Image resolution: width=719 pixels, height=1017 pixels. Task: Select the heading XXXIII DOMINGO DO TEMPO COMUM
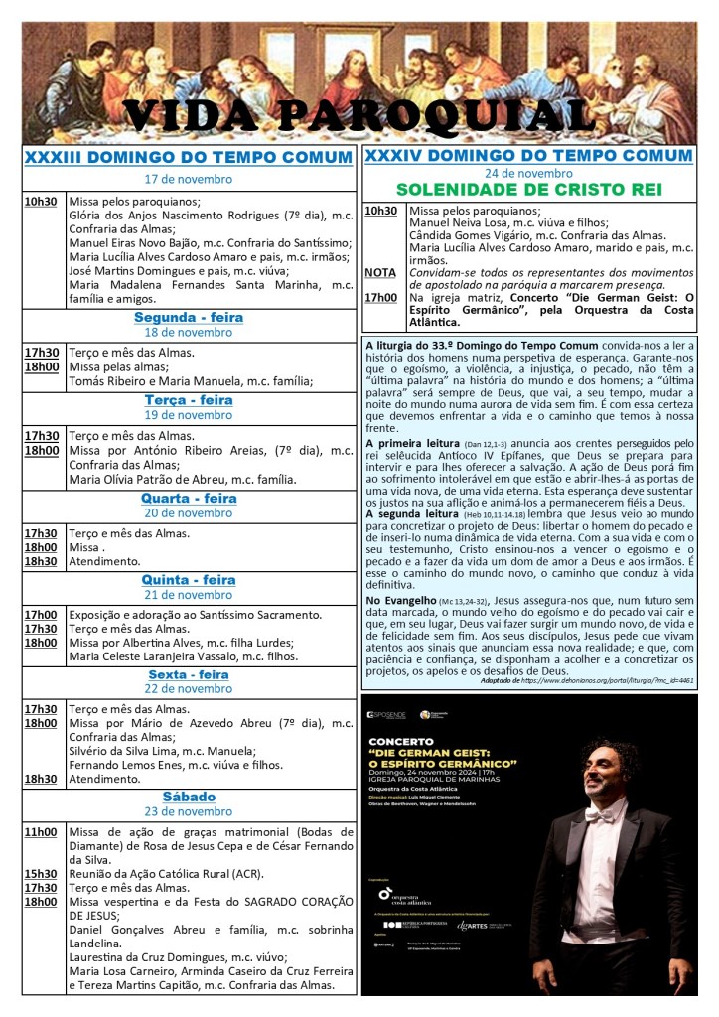pos(189,158)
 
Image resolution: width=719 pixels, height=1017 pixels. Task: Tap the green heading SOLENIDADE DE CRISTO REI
pos(527,189)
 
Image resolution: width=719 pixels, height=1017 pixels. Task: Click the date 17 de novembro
pos(189,179)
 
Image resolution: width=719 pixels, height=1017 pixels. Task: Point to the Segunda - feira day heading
pos(189,318)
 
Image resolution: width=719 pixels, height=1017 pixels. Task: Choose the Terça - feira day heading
pos(189,400)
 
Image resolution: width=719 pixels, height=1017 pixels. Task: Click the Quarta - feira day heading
pos(189,498)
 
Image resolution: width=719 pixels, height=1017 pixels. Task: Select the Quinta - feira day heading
pos(189,580)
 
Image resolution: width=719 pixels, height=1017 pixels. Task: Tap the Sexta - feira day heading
pos(189,675)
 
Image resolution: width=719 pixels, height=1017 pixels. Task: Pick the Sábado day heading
pos(189,797)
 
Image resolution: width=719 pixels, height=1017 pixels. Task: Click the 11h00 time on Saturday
pos(41,831)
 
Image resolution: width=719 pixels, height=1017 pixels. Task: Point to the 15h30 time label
pos(41,873)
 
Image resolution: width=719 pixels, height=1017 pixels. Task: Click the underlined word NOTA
pos(379,272)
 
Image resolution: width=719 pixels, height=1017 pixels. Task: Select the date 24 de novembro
pos(527,172)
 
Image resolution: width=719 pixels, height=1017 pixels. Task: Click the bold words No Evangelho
pos(400,601)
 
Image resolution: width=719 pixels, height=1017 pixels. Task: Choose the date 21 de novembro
pos(189,594)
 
